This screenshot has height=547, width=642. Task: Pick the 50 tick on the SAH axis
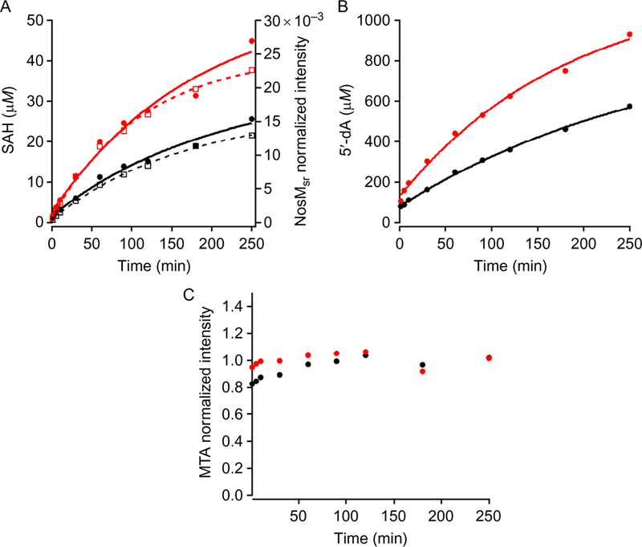[x=35, y=21]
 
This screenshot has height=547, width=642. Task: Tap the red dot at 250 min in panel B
[x=630, y=34]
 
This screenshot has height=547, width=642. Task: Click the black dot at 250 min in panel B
[x=630, y=106]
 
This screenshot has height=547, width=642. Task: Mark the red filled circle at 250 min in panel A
[x=252, y=41]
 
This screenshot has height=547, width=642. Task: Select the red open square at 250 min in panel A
[x=252, y=71]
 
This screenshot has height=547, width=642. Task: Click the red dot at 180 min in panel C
[x=422, y=371]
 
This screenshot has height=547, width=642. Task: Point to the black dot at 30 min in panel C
[x=279, y=375]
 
